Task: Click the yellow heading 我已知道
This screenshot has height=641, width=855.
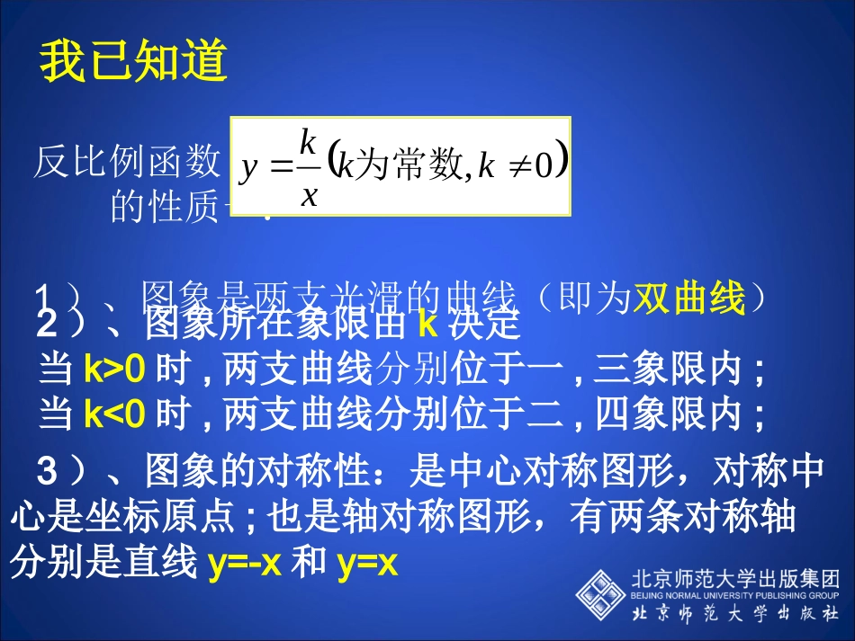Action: (133, 65)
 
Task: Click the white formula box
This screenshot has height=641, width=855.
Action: (400, 165)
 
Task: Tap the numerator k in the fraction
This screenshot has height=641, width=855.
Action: (308, 141)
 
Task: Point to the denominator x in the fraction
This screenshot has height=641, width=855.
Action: (308, 194)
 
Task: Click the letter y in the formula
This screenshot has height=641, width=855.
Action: (248, 168)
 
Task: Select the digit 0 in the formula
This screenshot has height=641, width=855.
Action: (542, 168)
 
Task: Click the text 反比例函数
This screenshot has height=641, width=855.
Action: (127, 163)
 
